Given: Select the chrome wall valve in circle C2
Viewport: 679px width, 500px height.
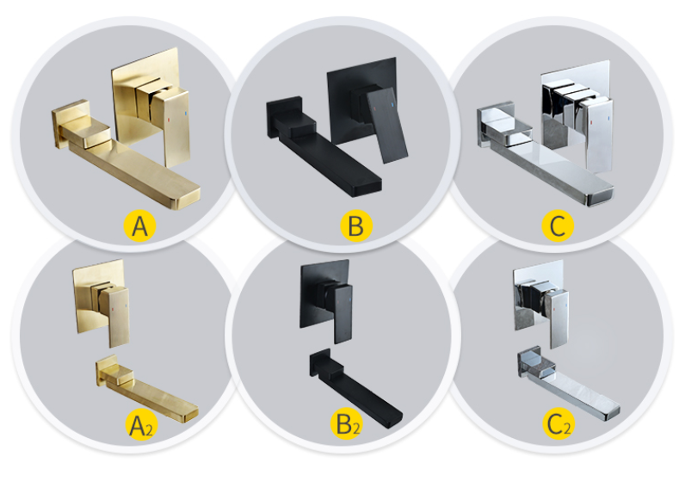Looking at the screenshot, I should pyautogui.click(x=538, y=297).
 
